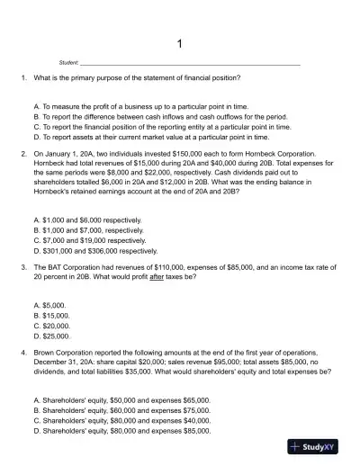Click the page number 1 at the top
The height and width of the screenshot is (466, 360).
180,44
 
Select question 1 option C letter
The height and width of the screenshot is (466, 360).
36,127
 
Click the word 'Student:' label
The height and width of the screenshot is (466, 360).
68,62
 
